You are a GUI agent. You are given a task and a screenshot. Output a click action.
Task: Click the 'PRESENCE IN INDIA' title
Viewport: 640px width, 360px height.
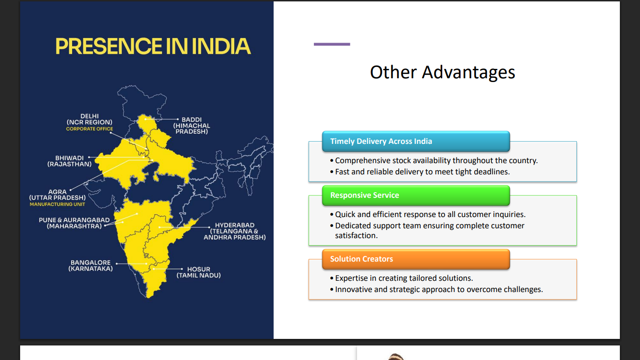click(x=153, y=46)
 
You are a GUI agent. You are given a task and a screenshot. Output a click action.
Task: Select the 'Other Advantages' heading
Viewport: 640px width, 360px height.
click(x=442, y=72)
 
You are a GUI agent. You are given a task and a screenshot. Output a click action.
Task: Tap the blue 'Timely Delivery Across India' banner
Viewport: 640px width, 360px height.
click(x=416, y=141)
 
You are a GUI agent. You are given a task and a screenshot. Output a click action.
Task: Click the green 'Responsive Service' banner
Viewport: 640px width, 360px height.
click(x=416, y=195)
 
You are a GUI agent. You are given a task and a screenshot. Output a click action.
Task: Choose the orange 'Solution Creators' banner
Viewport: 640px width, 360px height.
click(x=416, y=259)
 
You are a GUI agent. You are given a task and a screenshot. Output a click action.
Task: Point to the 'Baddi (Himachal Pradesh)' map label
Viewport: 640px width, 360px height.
click(x=192, y=126)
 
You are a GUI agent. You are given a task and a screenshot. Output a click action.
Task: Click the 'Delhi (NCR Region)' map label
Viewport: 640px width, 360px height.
click(x=89, y=119)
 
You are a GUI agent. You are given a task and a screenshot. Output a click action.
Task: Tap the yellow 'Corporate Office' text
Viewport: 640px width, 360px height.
click(x=89, y=129)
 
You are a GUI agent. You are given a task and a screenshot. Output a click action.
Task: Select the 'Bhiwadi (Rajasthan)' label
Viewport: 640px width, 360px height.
click(x=69, y=161)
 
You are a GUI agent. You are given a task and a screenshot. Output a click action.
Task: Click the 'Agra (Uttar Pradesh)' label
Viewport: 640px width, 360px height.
click(x=58, y=195)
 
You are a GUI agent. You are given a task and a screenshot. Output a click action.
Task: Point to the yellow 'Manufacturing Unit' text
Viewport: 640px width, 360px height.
click(x=58, y=204)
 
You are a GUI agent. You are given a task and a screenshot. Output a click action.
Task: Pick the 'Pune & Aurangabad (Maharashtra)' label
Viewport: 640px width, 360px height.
click(x=74, y=223)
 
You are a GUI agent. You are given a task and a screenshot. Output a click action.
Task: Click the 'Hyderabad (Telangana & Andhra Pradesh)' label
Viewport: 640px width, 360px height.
click(x=235, y=231)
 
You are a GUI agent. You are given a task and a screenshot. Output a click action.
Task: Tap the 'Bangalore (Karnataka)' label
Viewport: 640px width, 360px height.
click(x=90, y=266)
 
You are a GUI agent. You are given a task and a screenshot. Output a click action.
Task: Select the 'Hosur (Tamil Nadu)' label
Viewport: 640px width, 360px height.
click(x=199, y=272)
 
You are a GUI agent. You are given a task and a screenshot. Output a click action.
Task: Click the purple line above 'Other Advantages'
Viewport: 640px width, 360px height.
click(x=332, y=44)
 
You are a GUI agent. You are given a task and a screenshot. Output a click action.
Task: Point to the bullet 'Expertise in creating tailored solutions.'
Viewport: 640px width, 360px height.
click(x=402, y=278)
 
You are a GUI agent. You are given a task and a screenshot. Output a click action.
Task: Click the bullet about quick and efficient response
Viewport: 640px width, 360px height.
click(x=428, y=215)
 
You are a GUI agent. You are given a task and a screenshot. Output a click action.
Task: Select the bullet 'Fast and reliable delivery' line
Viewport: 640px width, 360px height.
click(x=420, y=172)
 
